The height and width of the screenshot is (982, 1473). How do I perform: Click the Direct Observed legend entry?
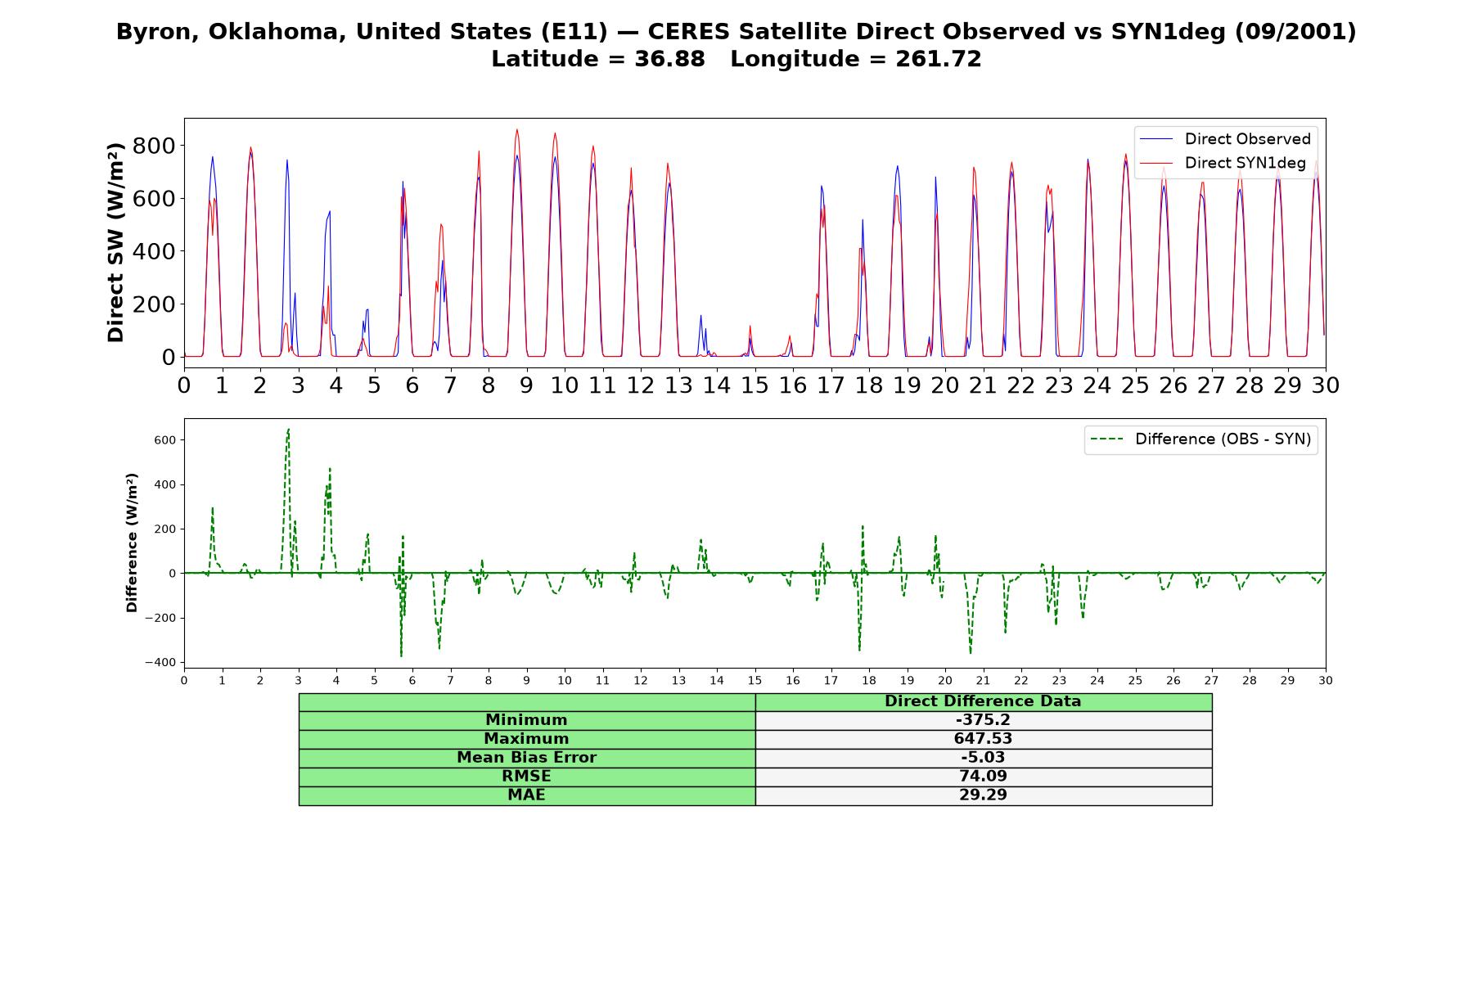[1225, 139]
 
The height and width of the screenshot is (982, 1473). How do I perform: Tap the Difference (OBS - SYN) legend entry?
[1200, 439]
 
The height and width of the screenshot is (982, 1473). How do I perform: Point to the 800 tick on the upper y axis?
[156, 146]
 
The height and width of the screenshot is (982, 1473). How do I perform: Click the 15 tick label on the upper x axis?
[755, 385]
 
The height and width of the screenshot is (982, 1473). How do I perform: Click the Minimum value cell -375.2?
[983, 720]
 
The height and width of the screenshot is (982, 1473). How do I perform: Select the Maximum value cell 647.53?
[983, 739]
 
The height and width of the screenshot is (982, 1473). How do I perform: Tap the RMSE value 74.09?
[983, 777]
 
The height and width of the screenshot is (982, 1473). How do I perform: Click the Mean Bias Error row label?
[526, 758]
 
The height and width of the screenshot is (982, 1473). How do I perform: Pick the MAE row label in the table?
[526, 795]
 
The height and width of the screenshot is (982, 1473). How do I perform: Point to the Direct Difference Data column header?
[983, 701]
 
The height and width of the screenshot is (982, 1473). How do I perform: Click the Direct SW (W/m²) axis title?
[115, 242]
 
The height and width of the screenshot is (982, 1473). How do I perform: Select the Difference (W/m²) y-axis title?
[132, 543]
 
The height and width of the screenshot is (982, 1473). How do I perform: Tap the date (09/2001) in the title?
[1295, 32]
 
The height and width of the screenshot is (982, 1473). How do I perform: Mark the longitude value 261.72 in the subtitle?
[938, 59]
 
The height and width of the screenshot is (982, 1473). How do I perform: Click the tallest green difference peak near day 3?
[288, 429]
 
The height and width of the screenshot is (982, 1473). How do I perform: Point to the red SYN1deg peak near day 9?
[516, 129]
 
